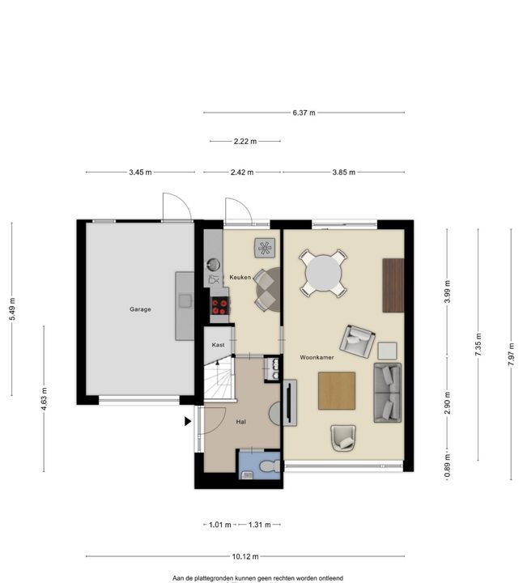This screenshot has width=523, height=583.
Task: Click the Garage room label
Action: point(140,309)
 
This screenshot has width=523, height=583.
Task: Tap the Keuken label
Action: point(240,277)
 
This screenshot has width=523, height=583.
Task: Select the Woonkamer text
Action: point(317,357)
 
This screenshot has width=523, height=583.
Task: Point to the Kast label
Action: point(218,345)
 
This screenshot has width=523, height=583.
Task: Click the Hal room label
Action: point(241,422)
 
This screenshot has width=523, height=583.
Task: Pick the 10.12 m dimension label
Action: point(245,556)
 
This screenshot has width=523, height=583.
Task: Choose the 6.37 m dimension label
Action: point(304,113)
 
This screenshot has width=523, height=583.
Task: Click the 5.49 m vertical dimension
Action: point(12,309)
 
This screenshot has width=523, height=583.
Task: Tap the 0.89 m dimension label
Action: point(447,466)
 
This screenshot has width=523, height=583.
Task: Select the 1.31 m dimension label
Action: point(259,525)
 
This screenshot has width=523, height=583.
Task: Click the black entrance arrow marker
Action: point(188,421)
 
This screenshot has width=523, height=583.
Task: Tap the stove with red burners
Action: point(219,306)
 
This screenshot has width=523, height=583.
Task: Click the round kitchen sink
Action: point(214,264)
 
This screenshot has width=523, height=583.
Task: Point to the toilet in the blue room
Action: point(270,466)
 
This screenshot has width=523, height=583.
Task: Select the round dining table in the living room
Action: point(323,274)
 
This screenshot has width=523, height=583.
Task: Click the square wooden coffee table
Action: point(337,391)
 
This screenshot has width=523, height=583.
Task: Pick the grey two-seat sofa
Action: point(387,393)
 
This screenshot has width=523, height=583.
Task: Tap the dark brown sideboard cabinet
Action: point(393,285)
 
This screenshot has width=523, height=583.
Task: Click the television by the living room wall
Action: point(290,402)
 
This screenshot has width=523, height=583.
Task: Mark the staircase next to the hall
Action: point(219,377)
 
